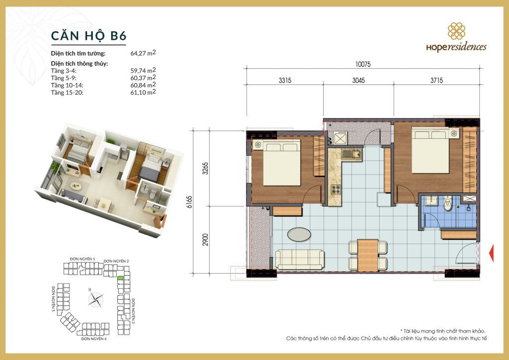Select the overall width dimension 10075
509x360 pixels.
(x=363, y=64)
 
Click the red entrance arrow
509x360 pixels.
(x=491, y=253)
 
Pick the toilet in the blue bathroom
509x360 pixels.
(x=448, y=204)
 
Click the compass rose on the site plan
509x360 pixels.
(x=95, y=298)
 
